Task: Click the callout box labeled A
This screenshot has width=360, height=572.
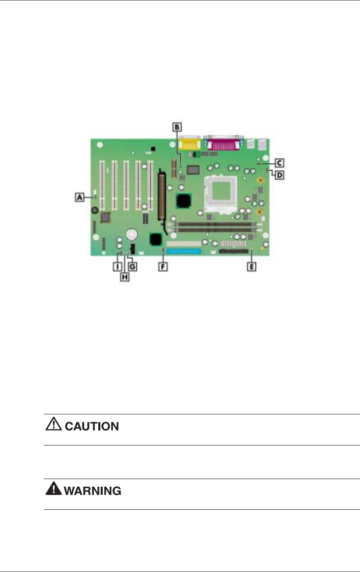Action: click(x=79, y=197)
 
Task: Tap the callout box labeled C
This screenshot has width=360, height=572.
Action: click(x=279, y=163)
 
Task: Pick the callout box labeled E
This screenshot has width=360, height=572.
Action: click(x=252, y=266)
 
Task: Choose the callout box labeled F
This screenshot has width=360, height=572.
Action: click(x=163, y=266)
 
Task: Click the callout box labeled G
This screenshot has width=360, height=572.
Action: click(x=132, y=266)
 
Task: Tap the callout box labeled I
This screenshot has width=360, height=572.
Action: click(x=117, y=266)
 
